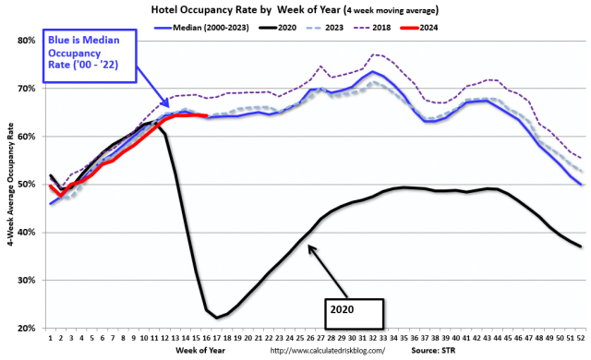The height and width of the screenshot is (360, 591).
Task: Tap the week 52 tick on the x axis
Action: click(579, 338)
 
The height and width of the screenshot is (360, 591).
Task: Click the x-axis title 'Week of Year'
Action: click(181, 350)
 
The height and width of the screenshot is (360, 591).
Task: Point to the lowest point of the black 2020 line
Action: click(217, 317)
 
